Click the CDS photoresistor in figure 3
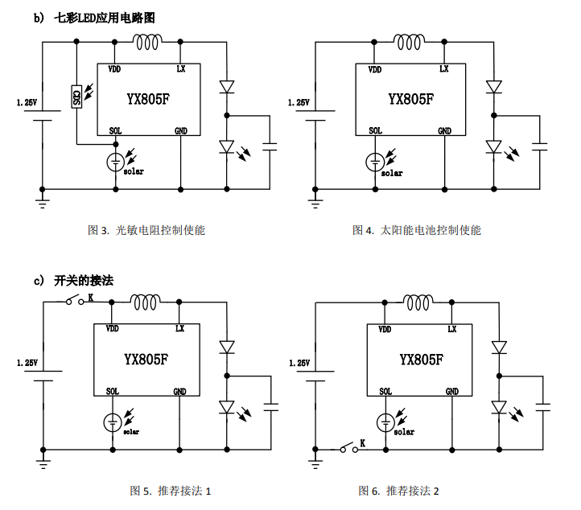76,97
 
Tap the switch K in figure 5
75,300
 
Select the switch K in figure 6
349,447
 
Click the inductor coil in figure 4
409,42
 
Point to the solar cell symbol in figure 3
116,162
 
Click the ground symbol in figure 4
315,204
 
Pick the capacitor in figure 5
271,407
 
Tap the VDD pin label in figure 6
385,329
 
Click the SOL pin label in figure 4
375,130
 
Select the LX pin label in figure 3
181,68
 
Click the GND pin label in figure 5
179,391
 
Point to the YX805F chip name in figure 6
422,360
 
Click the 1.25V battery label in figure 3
27,102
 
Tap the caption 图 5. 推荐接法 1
170,491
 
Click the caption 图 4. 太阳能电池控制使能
417,230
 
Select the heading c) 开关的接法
73,281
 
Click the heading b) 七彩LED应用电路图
94,18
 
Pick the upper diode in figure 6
499,348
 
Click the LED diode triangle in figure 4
493,146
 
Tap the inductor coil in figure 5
145,302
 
